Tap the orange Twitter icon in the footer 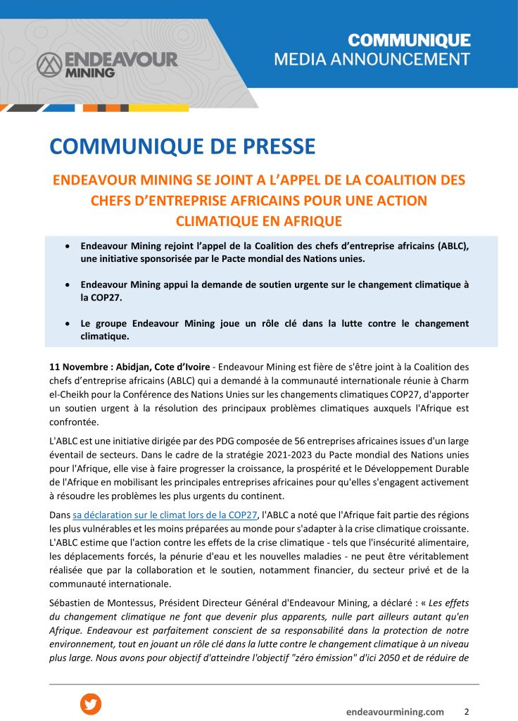[91, 703]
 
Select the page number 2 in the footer [467, 711]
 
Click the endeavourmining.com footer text [395, 712]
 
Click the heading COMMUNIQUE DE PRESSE [182, 146]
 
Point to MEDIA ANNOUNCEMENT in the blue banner [372, 58]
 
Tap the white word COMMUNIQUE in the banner [409, 39]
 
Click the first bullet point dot [67, 247]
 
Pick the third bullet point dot [67, 324]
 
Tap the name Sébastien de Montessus [108, 601]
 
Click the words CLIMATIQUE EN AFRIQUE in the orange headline [258, 220]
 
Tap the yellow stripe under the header [159, 108]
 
